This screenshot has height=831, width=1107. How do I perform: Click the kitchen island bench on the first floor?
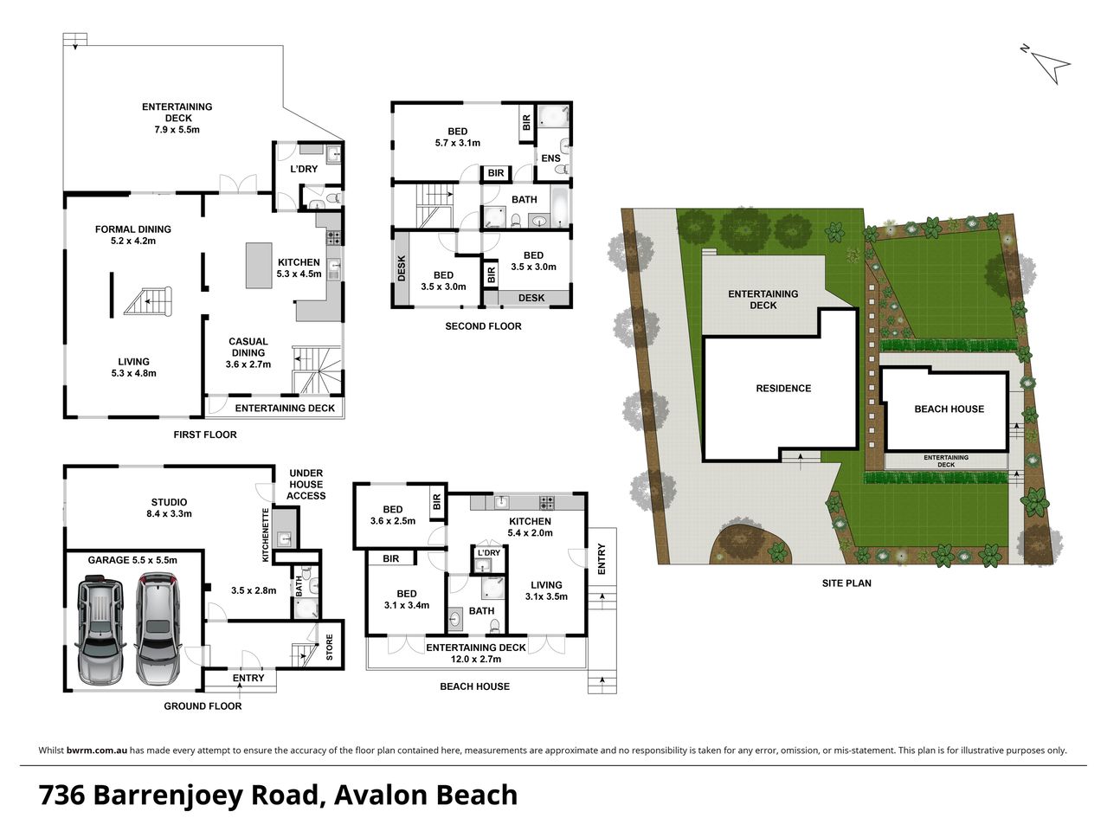tap(259, 265)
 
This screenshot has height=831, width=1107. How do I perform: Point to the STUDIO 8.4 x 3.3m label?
tap(169, 508)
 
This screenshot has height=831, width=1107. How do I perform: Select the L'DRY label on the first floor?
tap(304, 169)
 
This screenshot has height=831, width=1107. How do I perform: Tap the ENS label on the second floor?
tap(550, 158)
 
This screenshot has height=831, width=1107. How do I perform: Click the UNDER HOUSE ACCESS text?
tap(306, 485)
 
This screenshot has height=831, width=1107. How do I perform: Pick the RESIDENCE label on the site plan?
tap(783, 389)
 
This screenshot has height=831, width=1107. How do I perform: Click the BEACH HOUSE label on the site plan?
tap(949, 409)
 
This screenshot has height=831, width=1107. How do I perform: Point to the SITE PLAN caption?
tap(846, 583)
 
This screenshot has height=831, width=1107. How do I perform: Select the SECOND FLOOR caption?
tap(483, 326)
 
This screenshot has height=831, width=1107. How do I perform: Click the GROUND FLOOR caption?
tap(203, 706)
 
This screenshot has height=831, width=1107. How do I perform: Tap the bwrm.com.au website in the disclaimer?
tap(97, 750)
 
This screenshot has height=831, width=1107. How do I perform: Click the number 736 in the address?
tap(61, 795)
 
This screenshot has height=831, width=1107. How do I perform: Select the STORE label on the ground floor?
tap(329, 647)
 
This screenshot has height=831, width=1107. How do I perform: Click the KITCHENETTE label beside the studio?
tap(267, 534)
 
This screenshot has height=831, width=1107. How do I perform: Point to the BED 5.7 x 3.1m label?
tap(457, 138)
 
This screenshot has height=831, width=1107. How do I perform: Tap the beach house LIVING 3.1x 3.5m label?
tap(546, 590)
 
